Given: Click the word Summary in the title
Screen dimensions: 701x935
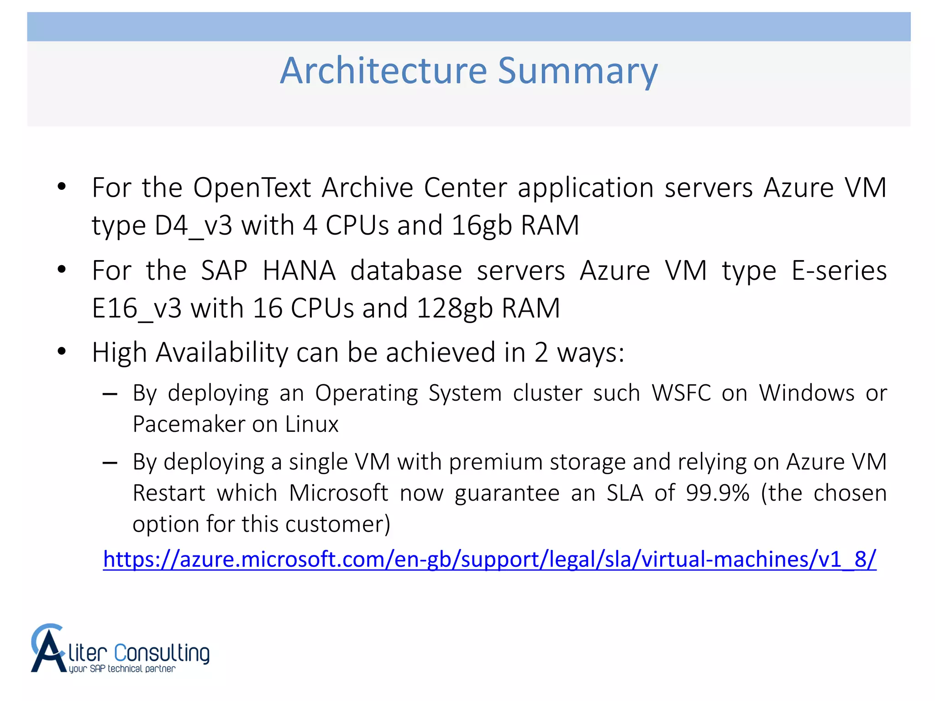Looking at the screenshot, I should [578, 72].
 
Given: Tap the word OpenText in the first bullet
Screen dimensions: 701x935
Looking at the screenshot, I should [252, 188].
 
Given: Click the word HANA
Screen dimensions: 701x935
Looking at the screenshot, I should [299, 270].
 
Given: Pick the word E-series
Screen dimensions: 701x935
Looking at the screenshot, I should [839, 270].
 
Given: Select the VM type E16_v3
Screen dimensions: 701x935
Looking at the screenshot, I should [137, 308].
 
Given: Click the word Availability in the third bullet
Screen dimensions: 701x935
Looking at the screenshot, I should [222, 352].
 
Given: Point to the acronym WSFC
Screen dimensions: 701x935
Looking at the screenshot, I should [681, 393].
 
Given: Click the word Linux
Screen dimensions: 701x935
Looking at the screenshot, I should [312, 424].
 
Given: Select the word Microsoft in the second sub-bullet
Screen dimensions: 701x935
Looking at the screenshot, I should [338, 493].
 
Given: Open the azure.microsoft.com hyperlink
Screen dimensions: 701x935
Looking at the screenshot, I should [489, 559].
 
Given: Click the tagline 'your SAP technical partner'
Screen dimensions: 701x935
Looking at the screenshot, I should [122, 669].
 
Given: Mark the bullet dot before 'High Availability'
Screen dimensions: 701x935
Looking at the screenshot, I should [62, 351].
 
